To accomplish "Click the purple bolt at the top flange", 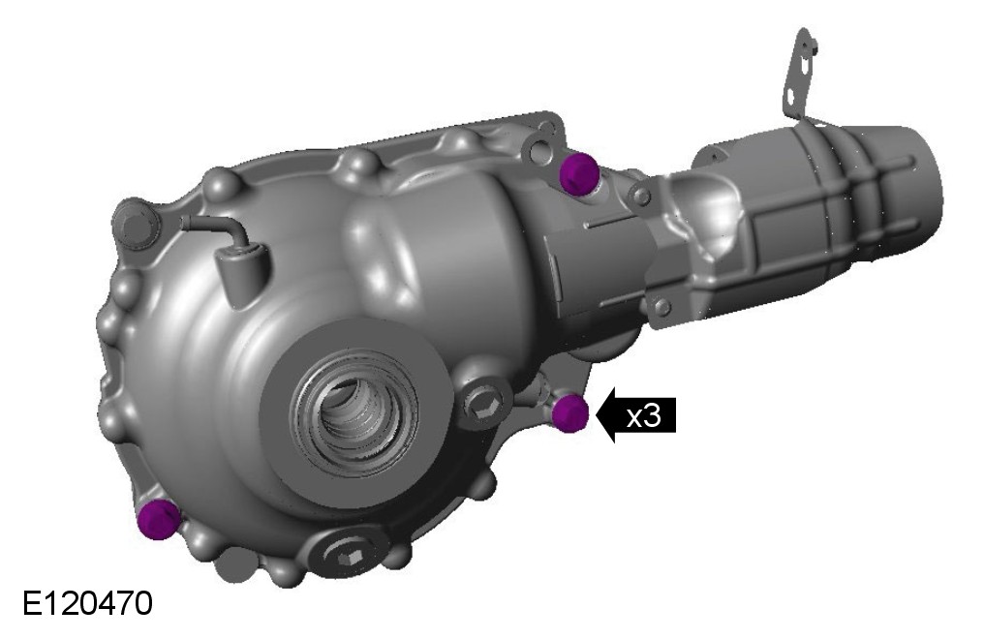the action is [x=578, y=173].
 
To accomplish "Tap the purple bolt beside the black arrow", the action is [x=569, y=413].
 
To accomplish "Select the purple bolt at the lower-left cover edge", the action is [x=158, y=520].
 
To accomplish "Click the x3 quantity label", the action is [x=644, y=415].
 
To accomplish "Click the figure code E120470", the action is [x=87, y=604].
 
